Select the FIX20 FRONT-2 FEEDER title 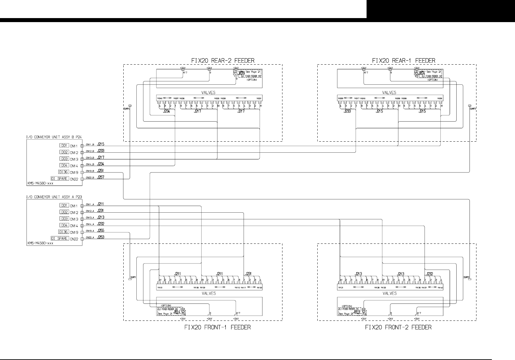point(398,327)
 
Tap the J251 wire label point(101,171)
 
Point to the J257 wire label point(101,177)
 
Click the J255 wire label point(101,230)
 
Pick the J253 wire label point(101,237)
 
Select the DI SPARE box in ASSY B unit point(60,178)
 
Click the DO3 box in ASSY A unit point(64,219)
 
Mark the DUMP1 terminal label point(133,277)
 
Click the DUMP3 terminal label point(473,109)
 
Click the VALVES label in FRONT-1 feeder point(208,293)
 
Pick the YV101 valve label point(160,288)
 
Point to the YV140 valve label point(440,288)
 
